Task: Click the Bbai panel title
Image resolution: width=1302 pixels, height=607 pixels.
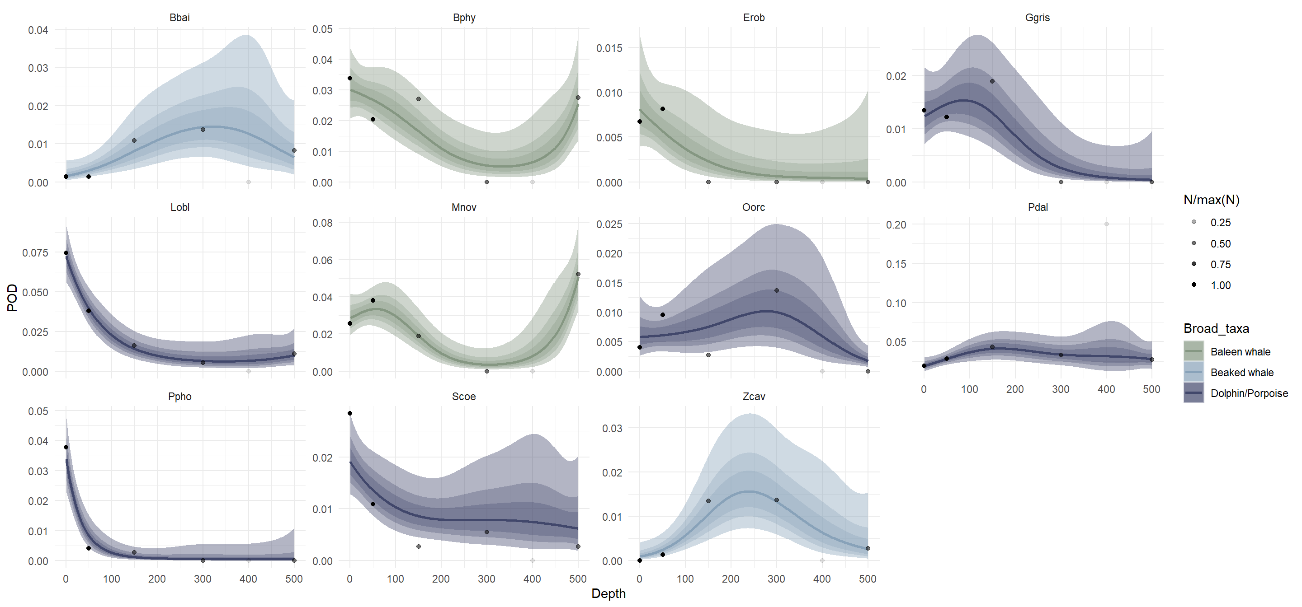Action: tap(179, 18)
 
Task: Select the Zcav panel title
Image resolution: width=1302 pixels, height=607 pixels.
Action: tap(754, 397)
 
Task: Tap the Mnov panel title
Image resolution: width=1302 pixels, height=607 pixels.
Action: tap(463, 208)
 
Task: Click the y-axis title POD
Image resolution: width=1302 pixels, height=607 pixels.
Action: tap(12, 298)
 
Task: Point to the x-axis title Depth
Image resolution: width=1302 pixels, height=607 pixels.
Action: tap(608, 594)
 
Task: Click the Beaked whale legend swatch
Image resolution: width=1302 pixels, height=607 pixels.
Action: tap(1194, 373)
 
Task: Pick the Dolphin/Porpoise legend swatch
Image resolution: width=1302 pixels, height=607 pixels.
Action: tap(1194, 393)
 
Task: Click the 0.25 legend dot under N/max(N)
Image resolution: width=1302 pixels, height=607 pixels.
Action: tap(1194, 222)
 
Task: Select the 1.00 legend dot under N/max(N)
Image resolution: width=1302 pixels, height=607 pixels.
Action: tap(1194, 285)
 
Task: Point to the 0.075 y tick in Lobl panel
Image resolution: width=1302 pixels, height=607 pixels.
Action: tap(35, 252)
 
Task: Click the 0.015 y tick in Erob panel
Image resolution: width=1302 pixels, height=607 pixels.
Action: tap(609, 48)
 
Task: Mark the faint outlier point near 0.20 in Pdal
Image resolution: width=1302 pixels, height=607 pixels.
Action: tap(1106, 224)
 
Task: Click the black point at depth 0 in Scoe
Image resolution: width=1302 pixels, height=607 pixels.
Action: tap(350, 414)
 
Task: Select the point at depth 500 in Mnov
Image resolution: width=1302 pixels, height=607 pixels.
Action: tap(578, 274)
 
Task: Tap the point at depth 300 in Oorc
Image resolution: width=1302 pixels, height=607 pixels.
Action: tap(776, 290)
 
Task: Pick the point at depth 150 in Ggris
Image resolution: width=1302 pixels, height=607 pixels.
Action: tap(992, 81)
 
